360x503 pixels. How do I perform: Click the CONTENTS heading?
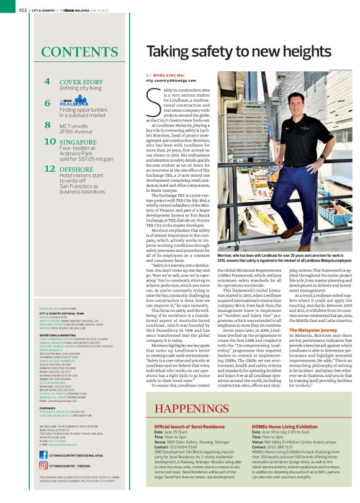pyautogui.click(x=81, y=51)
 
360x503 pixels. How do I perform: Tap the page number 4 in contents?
pyautogui.click(x=47, y=82)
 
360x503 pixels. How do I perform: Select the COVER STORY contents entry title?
pyautogui.click(x=81, y=82)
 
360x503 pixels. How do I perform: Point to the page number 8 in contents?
pyautogui.click(x=47, y=125)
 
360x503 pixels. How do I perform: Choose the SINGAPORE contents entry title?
pyautogui.click(x=79, y=142)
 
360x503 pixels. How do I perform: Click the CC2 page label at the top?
pyautogui.click(x=23, y=10)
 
